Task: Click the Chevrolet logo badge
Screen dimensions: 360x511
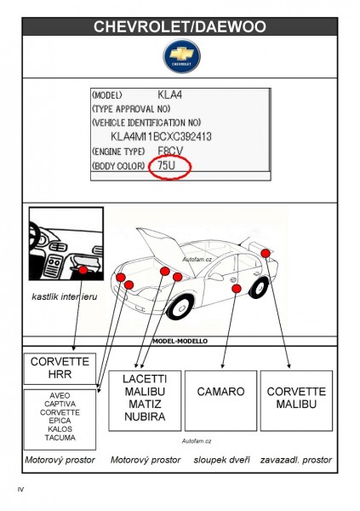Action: point(181,56)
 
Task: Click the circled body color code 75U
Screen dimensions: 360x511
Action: point(166,165)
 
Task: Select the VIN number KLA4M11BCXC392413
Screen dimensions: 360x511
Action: point(161,136)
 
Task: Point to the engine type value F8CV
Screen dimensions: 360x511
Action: point(170,151)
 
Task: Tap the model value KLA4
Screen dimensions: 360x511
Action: point(169,95)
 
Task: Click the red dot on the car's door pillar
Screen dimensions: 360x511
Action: point(237,289)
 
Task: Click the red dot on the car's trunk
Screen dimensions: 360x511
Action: point(266,253)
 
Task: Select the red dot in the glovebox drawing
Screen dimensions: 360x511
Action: point(83,270)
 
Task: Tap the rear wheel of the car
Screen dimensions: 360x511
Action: point(260,287)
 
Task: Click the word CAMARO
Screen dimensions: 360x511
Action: point(220,392)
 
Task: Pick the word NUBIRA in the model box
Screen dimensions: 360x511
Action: point(145,416)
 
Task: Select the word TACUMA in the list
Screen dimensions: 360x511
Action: point(60,438)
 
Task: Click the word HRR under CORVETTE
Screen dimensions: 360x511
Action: point(60,374)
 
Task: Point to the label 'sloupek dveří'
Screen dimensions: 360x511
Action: point(221,460)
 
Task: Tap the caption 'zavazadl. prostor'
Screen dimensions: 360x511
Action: point(296,460)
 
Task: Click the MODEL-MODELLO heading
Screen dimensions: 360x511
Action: point(180,342)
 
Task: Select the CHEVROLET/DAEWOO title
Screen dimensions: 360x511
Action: point(180,26)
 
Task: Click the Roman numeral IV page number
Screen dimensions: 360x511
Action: point(20,489)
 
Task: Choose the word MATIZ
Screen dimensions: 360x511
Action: point(145,404)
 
